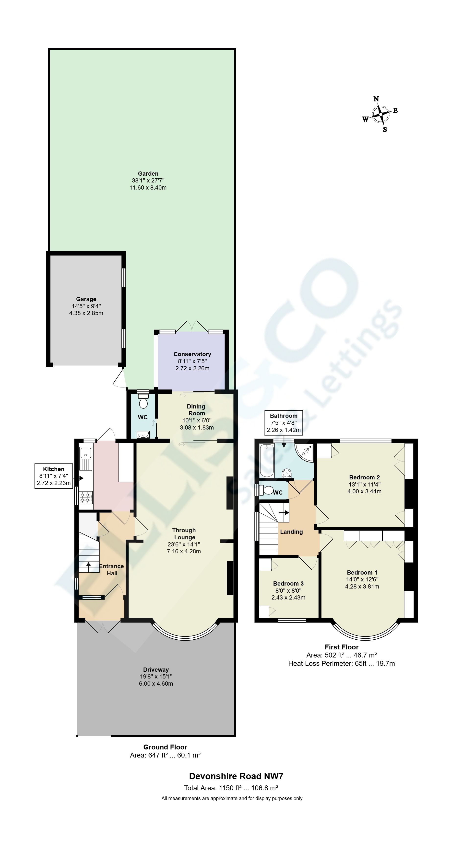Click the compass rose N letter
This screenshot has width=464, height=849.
click(376, 99)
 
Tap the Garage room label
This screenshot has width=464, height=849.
click(86, 299)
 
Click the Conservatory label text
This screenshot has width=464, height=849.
click(192, 354)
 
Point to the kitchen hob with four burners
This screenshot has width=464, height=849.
click(86, 498)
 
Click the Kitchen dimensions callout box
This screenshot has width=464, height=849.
click(53, 476)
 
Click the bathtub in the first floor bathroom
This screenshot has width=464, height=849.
click(266, 461)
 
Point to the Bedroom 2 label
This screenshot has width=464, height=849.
click(364, 477)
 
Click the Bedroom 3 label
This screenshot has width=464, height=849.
click(288, 583)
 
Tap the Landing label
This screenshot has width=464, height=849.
click(291, 532)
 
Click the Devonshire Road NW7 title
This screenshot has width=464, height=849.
click(236, 776)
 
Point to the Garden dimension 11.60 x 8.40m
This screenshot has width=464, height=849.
click(148, 188)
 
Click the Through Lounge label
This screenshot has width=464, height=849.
click(184, 534)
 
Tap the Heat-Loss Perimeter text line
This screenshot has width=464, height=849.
click(341, 663)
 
